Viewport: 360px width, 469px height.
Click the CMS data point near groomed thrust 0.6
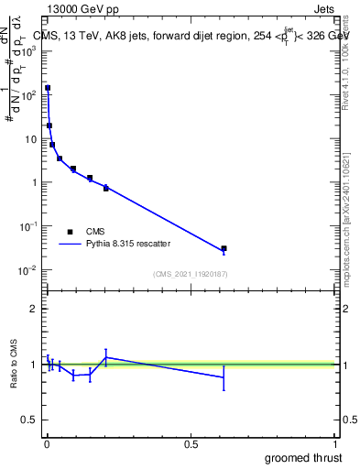[224, 248]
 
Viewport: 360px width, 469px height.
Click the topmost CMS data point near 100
[48, 88]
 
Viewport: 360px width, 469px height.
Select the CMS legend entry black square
[70, 232]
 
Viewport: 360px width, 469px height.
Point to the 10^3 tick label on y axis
[29, 50]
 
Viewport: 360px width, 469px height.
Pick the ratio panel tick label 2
[33, 309]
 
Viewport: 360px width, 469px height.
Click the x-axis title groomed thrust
[303, 457]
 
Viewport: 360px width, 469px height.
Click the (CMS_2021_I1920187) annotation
[190, 273]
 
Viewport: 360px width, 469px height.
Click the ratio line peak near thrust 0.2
[106, 357]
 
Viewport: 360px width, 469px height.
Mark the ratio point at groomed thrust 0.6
[224, 376]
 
